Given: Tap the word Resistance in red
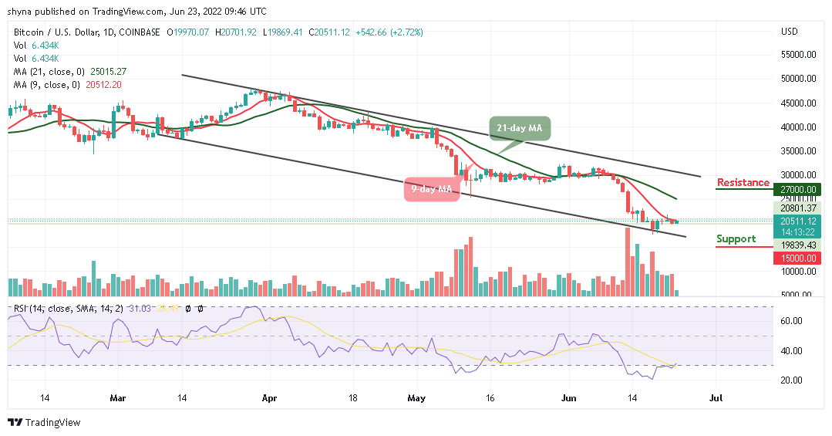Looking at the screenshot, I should coord(743,183).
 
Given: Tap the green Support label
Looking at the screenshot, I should coord(736,239).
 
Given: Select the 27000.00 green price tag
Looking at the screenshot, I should coord(798,189).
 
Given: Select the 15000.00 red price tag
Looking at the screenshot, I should coord(798,258).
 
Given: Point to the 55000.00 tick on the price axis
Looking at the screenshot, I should coord(798,55).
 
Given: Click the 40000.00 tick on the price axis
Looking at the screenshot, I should coord(798,127).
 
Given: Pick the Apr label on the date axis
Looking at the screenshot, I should coord(269,400).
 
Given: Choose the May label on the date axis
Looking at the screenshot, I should coord(416,400).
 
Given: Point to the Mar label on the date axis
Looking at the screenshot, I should coord(117,400).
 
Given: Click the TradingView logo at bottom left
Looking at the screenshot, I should coord(44,423).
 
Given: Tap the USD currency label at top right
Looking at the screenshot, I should coord(789,32).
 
